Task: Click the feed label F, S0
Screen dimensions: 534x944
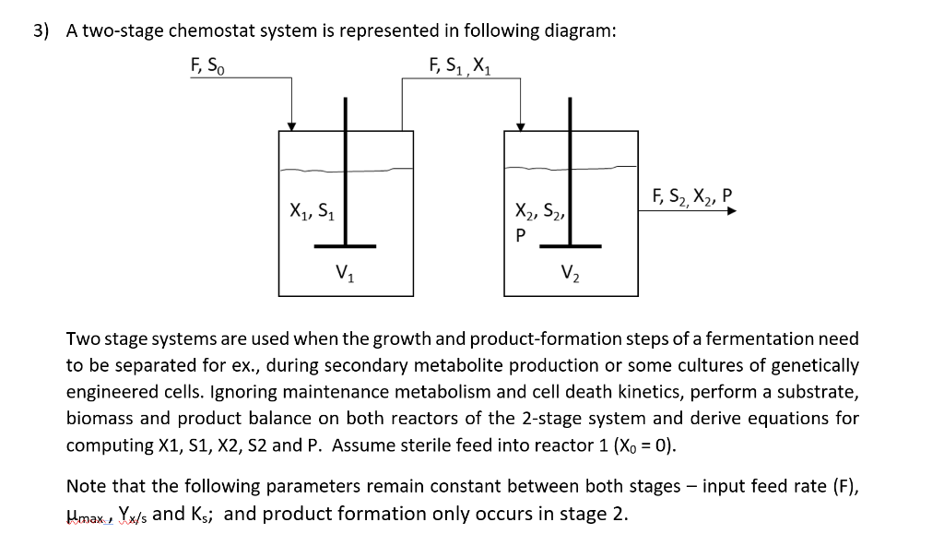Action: [x=206, y=66]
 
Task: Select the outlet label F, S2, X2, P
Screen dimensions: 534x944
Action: [x=690, y=196]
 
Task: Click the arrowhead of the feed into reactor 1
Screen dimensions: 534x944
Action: [x=292, y=126]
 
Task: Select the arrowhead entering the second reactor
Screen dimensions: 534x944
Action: [x=520, y=126]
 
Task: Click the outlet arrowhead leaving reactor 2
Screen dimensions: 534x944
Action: [x=731, y=210]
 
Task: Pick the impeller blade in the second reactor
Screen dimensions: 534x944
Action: [x=570, y=246]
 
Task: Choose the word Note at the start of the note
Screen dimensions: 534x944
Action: [x=87, y=486]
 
